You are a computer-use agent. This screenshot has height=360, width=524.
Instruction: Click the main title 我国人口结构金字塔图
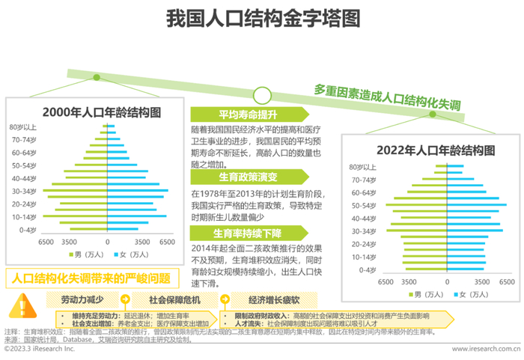pos(262,17)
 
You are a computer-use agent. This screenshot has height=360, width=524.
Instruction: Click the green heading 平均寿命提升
pos(248,114)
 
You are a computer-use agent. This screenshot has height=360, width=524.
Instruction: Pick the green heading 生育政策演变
pos(248,178)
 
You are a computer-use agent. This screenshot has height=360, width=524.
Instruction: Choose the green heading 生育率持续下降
pos(248,233)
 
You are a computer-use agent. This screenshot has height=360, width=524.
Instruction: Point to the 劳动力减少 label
pos(83,299)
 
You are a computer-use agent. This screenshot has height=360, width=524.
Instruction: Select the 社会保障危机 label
pos(173,299)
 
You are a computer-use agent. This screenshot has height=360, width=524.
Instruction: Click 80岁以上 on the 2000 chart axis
pos(22,127)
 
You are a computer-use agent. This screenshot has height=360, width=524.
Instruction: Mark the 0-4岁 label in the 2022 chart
pos(366,269)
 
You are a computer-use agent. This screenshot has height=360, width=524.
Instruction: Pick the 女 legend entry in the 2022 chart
pos(472,293)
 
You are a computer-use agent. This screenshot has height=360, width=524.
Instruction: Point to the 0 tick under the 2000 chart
pos(107,242)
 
